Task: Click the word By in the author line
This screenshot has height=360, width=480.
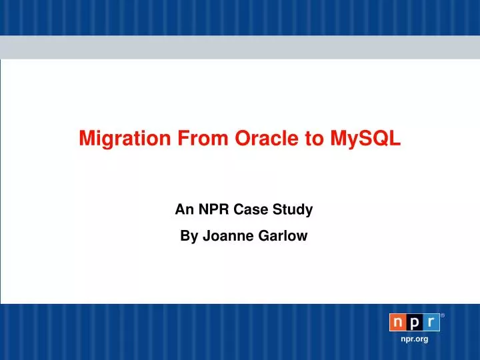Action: (x=189, y=235)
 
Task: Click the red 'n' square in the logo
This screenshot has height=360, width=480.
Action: (x=397, y=323)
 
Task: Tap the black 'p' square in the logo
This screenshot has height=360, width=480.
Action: (x=415, y=323)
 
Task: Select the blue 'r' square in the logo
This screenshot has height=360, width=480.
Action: (x=431, y=323)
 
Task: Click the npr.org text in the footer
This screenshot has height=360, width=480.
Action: (x=414, y=339)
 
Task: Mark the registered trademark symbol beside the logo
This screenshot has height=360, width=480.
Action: (x=443, y=315)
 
